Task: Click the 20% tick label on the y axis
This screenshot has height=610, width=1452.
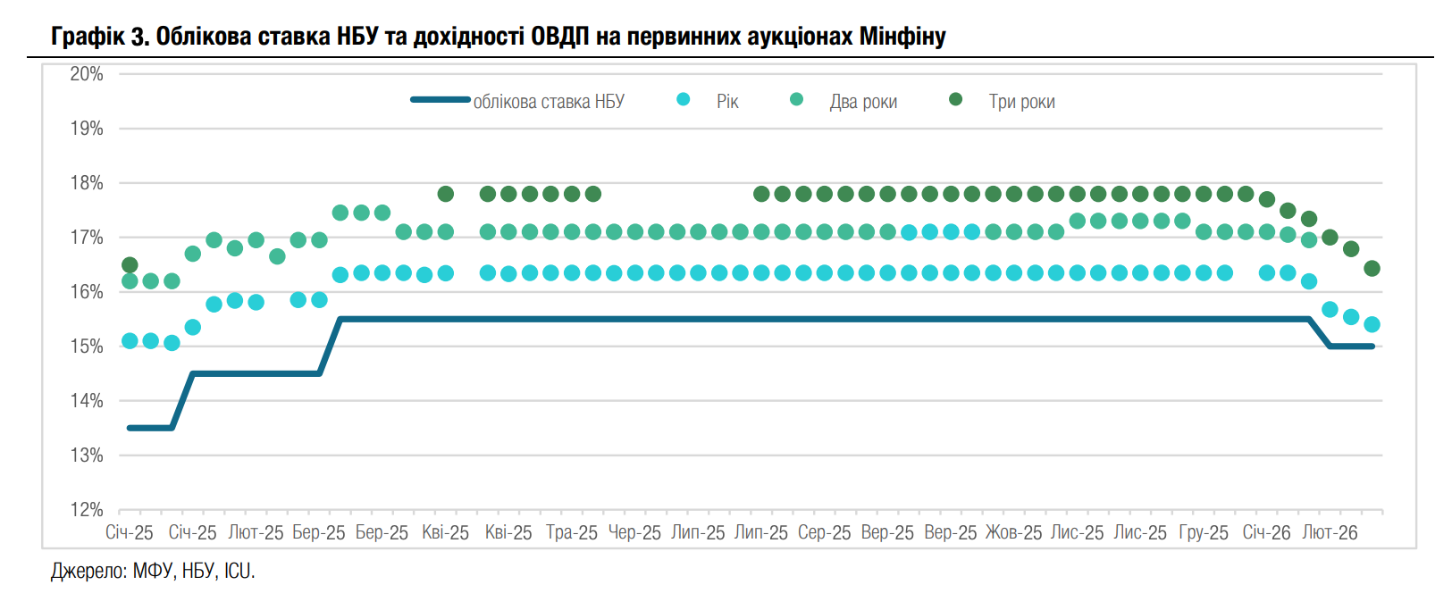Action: point(87,74)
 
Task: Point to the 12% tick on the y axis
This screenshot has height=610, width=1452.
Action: point(87,510)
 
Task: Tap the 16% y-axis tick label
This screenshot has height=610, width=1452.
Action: point(87,292)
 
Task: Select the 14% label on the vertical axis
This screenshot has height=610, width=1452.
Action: point(87,401)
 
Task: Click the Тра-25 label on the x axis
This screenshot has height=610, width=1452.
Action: point(572,533)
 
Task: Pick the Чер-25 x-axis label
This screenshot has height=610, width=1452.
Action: point(634,533)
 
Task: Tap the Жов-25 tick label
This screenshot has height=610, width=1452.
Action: point(1013,533)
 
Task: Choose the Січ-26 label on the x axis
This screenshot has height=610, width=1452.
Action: point(1266,533)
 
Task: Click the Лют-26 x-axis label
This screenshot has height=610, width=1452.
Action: point(1330,533)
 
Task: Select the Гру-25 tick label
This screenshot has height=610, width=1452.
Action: point(1204,533)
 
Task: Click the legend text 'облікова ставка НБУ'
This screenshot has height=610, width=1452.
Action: point(549,102)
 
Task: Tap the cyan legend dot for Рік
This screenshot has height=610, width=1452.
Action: point(684,99)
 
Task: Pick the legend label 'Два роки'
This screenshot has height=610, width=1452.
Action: point(863,102)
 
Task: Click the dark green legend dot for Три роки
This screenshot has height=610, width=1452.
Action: point(955,99)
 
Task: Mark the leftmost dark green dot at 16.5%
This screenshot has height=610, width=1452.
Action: point(130,264)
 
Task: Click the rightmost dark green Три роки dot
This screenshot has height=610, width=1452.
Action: point(1372,269)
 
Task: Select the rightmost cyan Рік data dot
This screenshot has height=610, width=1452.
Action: point(1372,324)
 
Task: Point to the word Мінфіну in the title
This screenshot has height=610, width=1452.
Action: point(902,37)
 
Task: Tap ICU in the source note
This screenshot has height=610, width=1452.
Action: point(239,572)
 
